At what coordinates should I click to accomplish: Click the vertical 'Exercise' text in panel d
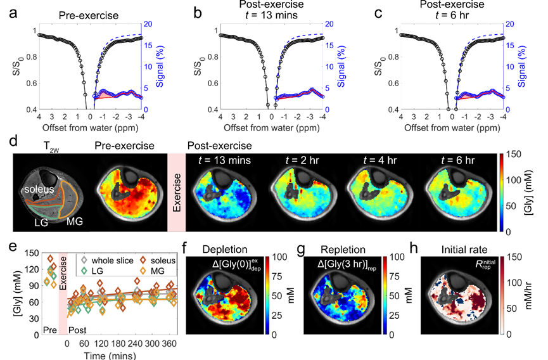[x=177, y=193]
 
